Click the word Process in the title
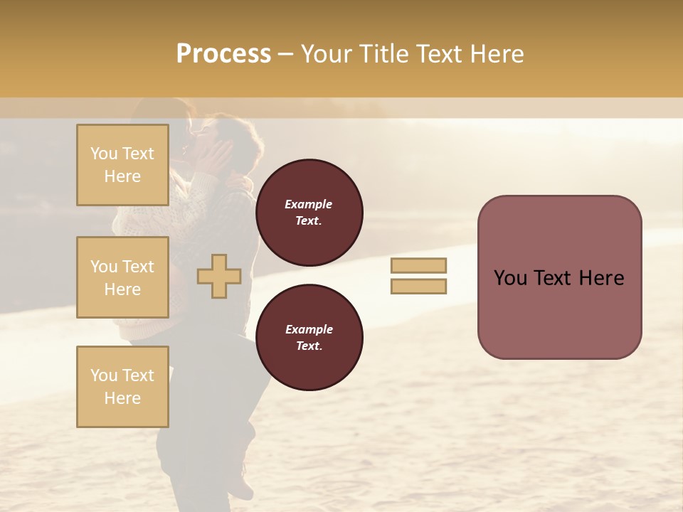(223, 54)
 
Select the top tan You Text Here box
(122, 165)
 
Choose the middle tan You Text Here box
(122, 277)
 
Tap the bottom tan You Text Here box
(122, 387)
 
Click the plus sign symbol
(219, 276)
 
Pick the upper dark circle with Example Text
(309, 212)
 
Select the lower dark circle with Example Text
(309, 337)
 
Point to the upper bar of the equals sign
(418, 266)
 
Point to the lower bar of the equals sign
(418, 286)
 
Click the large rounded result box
(559, 277)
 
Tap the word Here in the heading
(495, 54)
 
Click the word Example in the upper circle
(309, 204)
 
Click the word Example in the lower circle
(309, 329)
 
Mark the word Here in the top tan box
(122, 176)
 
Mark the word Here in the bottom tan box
(122, 398)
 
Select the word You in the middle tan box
(104, 267)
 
